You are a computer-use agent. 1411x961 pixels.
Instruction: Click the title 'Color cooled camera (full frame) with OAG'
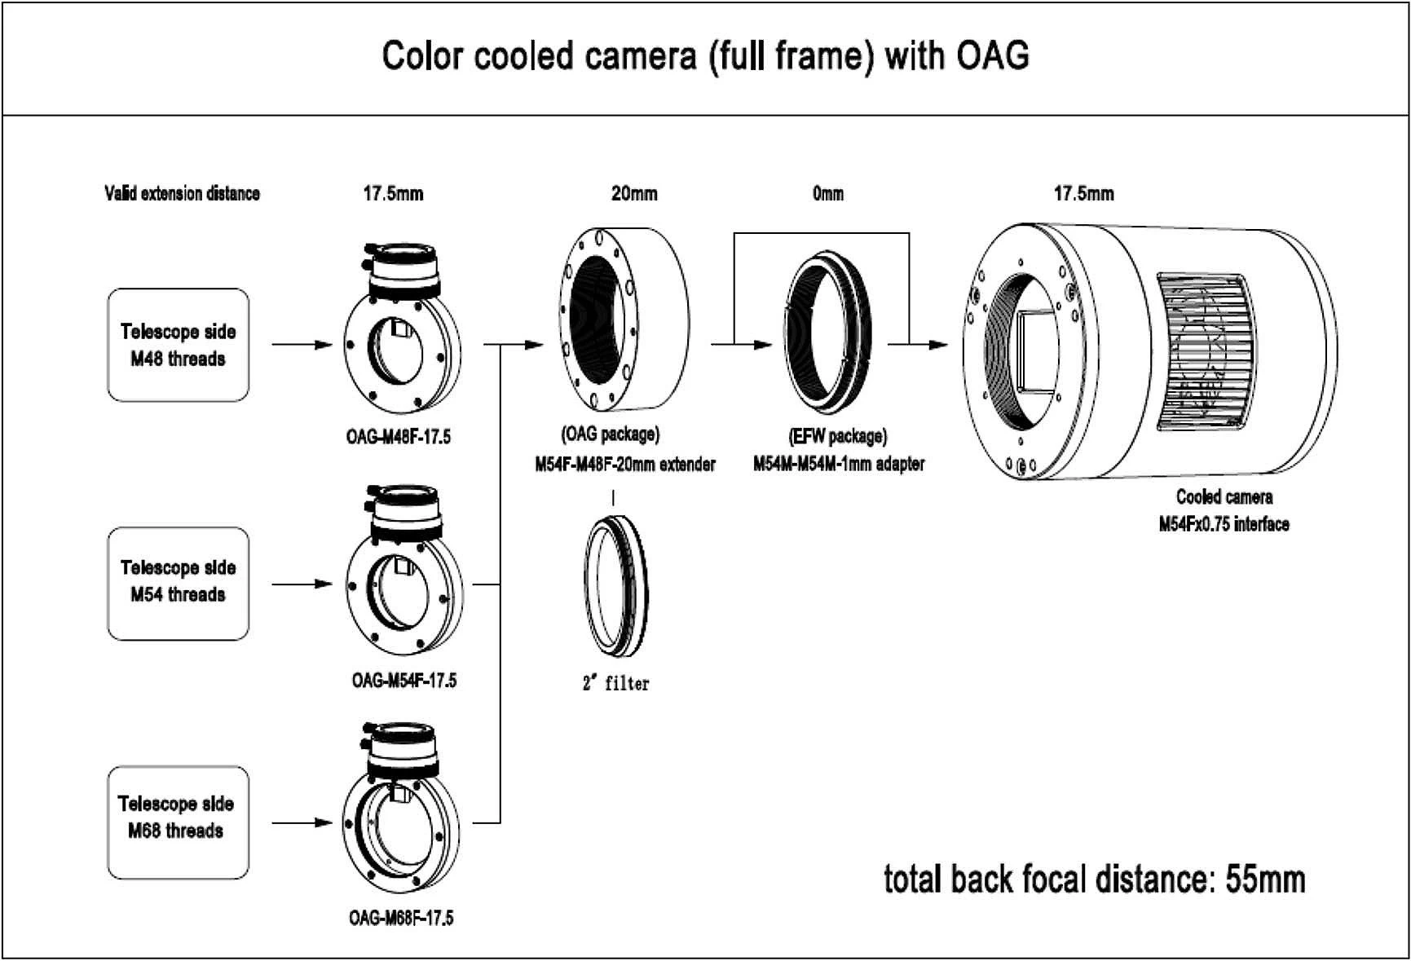tap(705, 56)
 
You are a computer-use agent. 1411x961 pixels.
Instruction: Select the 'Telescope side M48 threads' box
tap(178, 345)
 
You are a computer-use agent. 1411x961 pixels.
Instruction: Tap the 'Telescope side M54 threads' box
tap(178, 582)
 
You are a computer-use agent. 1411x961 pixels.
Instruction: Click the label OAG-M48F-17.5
tap(398, 437)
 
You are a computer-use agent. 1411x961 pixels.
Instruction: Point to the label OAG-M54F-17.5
tap(403, 680)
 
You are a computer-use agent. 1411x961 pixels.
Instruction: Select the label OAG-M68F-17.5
tap(401, 918)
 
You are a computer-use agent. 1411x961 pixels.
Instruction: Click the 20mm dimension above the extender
tap(633, 194)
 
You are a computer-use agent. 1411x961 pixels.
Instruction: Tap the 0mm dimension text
tap(827, 194)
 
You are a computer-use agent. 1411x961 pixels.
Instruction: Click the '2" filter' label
tap(615, 683)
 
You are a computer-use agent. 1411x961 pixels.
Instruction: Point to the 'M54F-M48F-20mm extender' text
tap(624, 465)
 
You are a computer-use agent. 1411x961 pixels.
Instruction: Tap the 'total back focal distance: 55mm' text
tap(1094, 879)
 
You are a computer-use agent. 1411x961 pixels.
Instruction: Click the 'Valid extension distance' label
tap(182, 194)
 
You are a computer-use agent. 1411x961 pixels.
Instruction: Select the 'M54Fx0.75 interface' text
tap(1224, 524)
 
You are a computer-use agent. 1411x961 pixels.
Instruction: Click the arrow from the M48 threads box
tap(302, 345)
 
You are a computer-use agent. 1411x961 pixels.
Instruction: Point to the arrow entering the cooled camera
tap(929, 345)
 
